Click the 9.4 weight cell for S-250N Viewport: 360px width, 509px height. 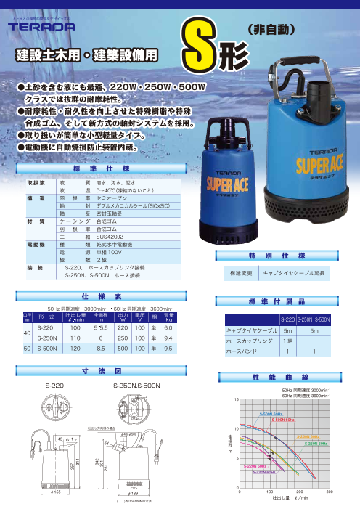168,338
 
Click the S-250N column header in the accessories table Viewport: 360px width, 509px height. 306,319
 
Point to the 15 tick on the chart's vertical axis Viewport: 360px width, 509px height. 235,400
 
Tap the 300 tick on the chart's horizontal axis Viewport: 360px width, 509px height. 330,492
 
